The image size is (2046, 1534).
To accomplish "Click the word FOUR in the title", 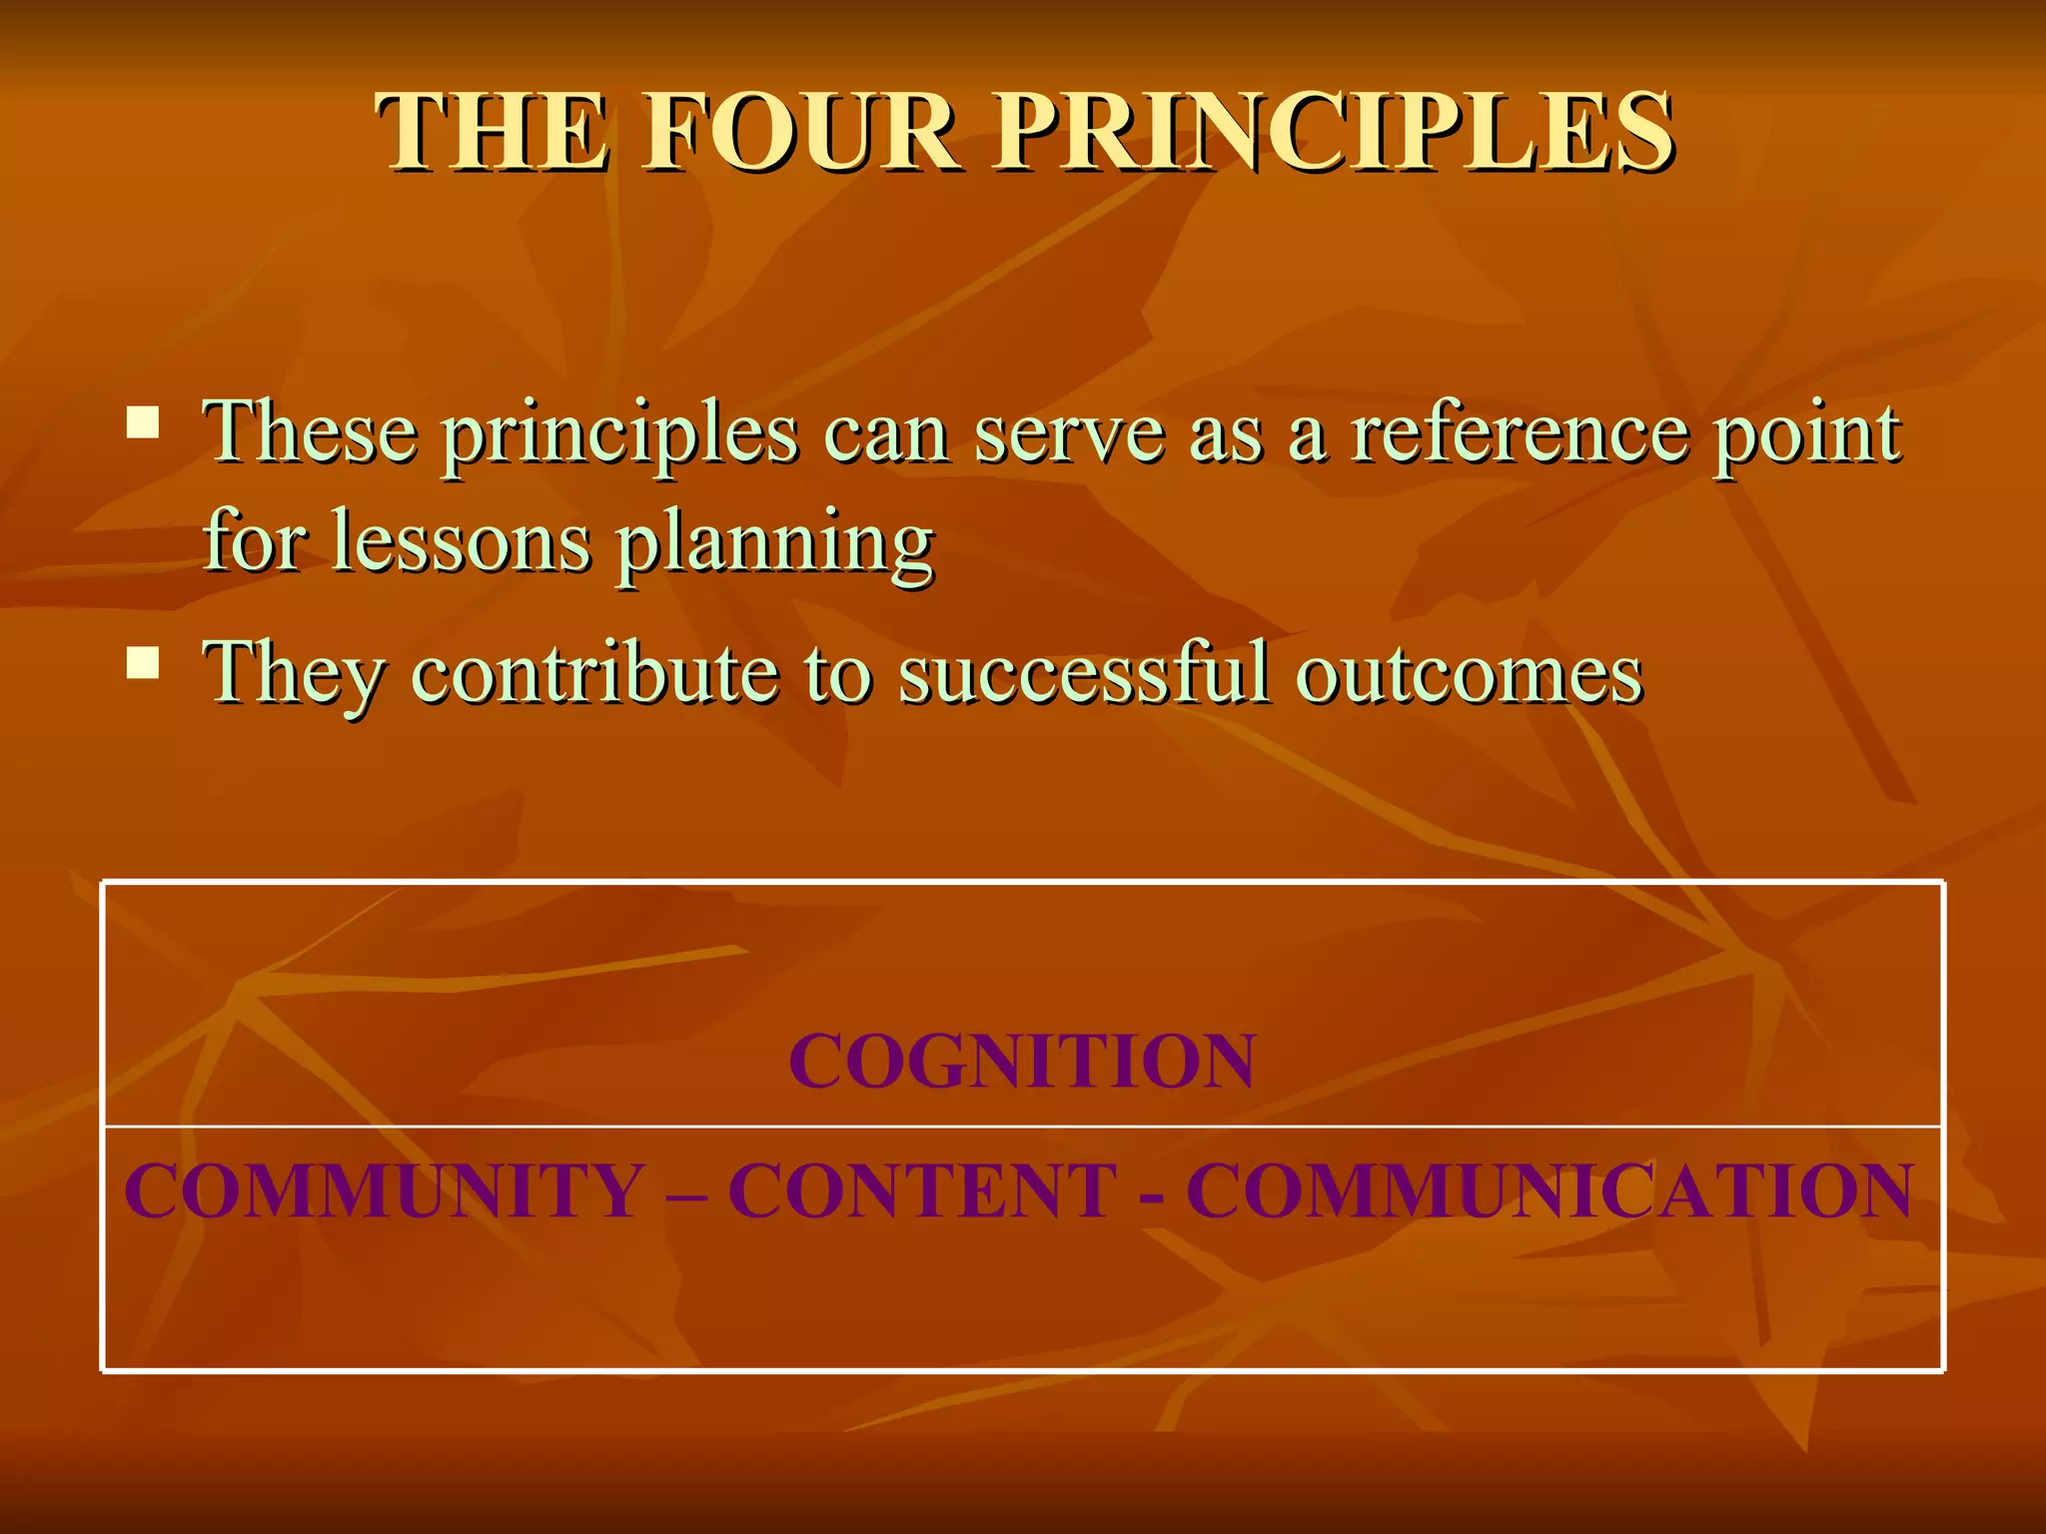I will click(x=800, y=133).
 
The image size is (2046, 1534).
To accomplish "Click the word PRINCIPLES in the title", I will click(x=1335, y=133).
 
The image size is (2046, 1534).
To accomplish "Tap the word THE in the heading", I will click(x=492, y=133).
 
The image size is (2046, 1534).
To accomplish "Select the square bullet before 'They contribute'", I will click(x=143, y=662).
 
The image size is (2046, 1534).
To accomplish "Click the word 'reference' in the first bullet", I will click(x=1519, y=434).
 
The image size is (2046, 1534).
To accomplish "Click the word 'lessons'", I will click(x=461, y=542).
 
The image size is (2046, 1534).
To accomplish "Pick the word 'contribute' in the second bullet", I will click(x=594, y=673).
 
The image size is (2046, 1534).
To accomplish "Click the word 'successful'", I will click(x=1085, y=673).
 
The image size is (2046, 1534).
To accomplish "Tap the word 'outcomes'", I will click(x=1470, y=675).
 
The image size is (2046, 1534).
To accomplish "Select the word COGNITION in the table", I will click(x=1022, y=1060).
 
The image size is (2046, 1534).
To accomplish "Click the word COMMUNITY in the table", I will click(x=384, y=1190).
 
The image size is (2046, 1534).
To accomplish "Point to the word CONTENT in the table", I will click(x=922, y=1190).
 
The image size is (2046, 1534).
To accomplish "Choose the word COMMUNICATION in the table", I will click(x=1549, y=1190).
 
